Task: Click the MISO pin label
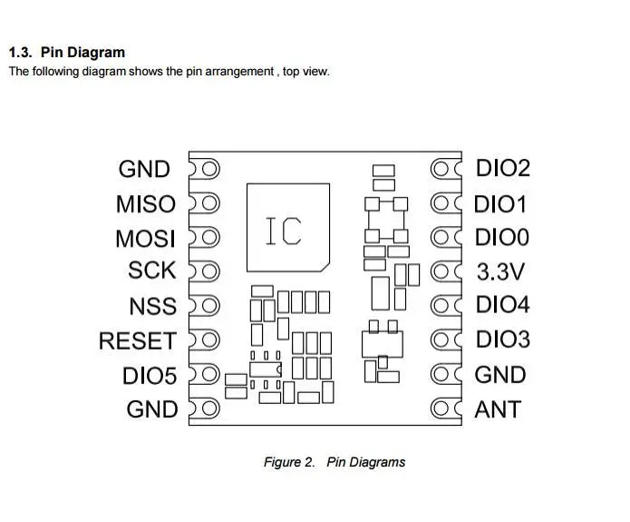145,204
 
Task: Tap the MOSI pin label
145,239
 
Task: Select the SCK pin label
152,271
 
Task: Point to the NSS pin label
152,307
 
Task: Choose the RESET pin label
137,341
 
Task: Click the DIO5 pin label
150,376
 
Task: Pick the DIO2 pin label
503,168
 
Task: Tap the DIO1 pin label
500,203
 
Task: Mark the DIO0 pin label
501,238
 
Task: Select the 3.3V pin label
500,272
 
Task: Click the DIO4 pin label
502,306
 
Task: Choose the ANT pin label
498,409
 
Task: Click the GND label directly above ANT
500,375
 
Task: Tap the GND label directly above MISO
144,170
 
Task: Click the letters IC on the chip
284,231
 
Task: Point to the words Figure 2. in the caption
289,462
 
